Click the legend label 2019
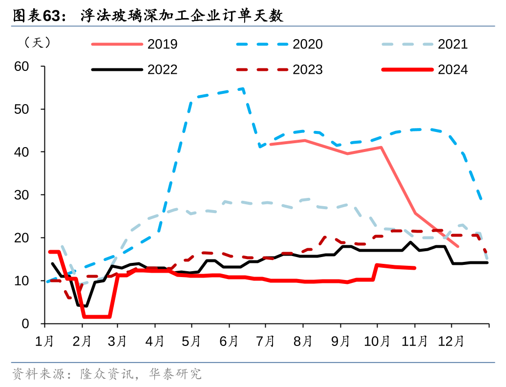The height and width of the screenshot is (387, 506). (x=162, y=44)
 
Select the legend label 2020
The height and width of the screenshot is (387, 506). (x=308, y=44)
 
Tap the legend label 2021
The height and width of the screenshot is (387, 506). (x=453, y=44)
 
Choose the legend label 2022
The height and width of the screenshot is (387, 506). (x=162, y=70)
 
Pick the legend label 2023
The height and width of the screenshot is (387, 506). (x=308, y=70)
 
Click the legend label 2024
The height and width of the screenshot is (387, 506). (x=453, y=70)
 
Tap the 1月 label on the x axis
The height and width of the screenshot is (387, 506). (x=45, y=341)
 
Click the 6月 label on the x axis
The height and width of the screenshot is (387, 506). (x=229, y=341)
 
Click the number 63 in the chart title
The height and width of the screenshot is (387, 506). (x=52, y=16)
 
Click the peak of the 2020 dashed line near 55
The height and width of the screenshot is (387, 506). (x=243, y=89)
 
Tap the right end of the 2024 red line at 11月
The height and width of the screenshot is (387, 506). (x=415, y=268)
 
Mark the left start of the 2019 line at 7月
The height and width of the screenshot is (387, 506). (x=270, y=144)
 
